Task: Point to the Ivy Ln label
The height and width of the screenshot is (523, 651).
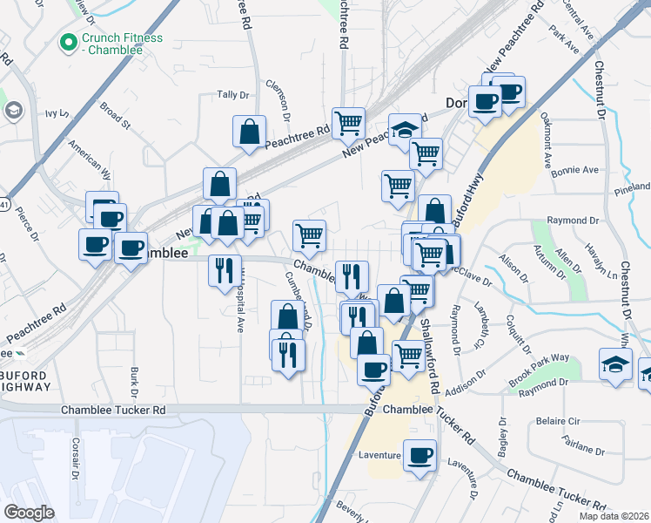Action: (x=57, y=113)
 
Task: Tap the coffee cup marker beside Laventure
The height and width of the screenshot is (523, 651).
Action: (x=420, y=455)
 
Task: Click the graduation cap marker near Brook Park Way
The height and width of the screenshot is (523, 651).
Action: (x=615, y=364)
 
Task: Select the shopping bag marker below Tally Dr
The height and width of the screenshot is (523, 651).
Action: (x=250, y=131)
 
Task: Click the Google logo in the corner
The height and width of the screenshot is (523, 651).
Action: (x=30, y=512)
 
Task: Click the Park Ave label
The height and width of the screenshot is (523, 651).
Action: (x=565, y=40)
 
